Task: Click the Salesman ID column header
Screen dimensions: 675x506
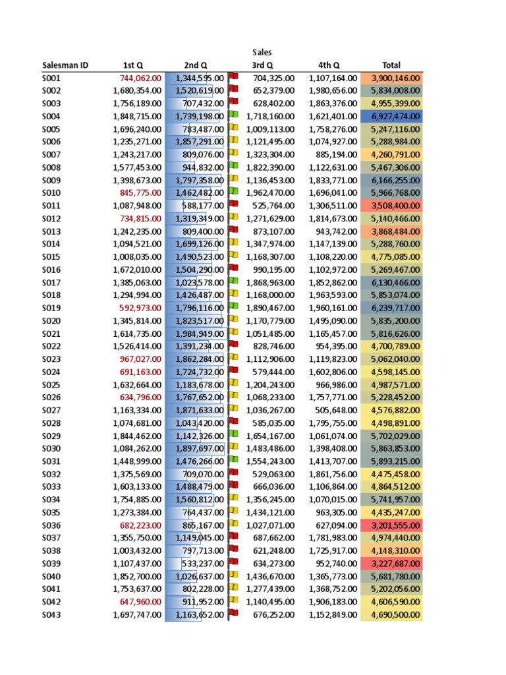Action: click(65, 65)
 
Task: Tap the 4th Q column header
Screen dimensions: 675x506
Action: click(329, 65)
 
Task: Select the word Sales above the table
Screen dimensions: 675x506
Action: click(262, 52)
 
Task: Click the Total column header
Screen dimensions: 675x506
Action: click(391, 65)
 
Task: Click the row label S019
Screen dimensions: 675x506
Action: click(51, 308)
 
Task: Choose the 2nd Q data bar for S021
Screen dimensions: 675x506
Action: click(200, 334)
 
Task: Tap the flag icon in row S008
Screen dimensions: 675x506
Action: click(233, 167)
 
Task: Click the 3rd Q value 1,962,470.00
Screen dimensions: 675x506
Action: click(270, 192)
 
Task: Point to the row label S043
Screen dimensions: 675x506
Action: click(51, 614)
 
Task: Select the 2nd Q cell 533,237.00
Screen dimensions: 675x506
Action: click(200, 564)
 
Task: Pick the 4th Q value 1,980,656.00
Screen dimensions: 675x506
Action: click(333, 90)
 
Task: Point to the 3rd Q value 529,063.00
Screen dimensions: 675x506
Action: click(273, 474)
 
